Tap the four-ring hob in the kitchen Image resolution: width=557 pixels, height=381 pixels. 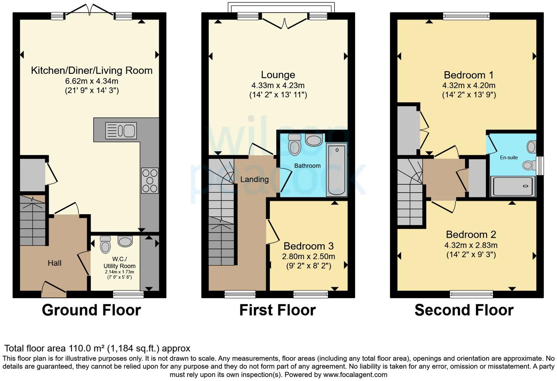coord(150,181)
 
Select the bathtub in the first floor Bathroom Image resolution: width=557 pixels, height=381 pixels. coord(336,170)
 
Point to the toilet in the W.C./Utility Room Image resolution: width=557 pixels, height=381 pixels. coord(105,244)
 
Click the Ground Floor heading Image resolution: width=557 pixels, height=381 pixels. coord(91,310)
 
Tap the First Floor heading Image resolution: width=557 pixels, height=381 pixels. coord(277,310)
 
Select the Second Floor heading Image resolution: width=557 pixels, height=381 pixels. coord(464,310)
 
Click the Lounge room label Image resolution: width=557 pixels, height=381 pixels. coord(278,75)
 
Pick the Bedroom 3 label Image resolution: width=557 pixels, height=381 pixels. coord(309,246)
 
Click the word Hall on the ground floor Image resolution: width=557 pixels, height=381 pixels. coord(55,263)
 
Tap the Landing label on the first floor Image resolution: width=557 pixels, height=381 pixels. coord(254,180)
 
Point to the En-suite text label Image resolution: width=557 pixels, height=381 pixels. coord(509,158)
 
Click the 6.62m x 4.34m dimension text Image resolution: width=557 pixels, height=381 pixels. coord(92,81)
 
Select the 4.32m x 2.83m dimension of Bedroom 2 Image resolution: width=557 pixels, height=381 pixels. coord(471,245)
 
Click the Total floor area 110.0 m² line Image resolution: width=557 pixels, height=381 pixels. coord(97,348)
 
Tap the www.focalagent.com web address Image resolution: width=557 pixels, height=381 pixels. coord(355,375)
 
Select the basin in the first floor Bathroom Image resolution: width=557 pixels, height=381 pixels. coord(314,140)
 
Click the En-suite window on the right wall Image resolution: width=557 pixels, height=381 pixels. coord(539,166)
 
